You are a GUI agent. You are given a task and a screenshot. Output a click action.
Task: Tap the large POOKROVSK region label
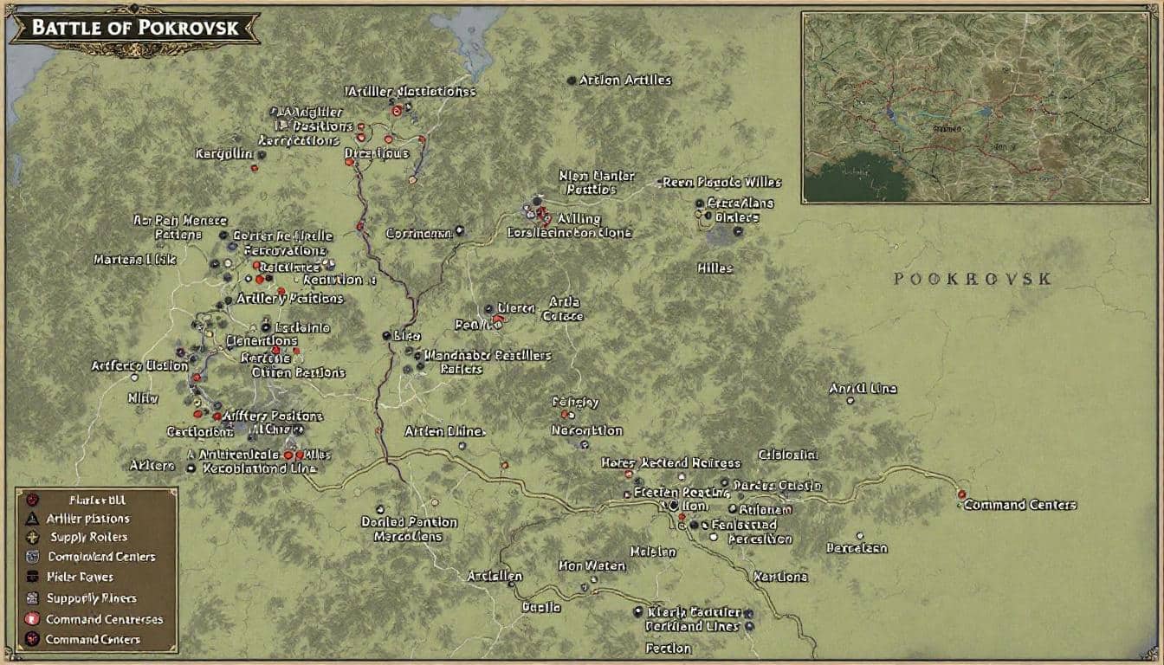click(x=973, y=279)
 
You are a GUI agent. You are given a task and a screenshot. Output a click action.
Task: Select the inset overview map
click(x=975, y=107)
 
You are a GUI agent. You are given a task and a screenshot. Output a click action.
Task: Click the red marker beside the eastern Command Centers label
click(x=961, y=494)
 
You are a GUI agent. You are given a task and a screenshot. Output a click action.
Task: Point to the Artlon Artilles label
click(x=625, y=80)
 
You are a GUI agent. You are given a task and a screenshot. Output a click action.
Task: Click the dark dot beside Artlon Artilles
click(x=571, y=81)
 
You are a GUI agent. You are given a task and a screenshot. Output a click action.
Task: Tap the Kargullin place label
click(x=223, y=153)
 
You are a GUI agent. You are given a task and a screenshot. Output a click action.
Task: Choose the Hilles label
click(x=715, y=268)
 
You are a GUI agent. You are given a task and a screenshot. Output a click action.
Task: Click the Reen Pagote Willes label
click(x=721, y=183)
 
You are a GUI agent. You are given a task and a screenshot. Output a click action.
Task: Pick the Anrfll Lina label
click(x=863, y=389)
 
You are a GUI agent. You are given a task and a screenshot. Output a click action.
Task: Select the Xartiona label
click(x=780, y=576)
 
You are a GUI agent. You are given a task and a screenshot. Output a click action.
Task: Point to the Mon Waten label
click(x=592, y=565)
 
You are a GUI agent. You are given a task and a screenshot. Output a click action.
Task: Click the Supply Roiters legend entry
click(x=89, y=538)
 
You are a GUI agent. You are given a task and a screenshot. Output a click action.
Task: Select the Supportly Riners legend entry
click(x=92, y=598)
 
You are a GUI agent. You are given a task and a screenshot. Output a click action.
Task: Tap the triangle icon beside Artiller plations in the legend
click(x=32, y=519)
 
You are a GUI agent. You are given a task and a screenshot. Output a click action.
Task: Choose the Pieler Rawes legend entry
click(x=81, y=578)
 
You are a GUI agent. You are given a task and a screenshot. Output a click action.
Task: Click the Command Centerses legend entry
click(x=104, y=619)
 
